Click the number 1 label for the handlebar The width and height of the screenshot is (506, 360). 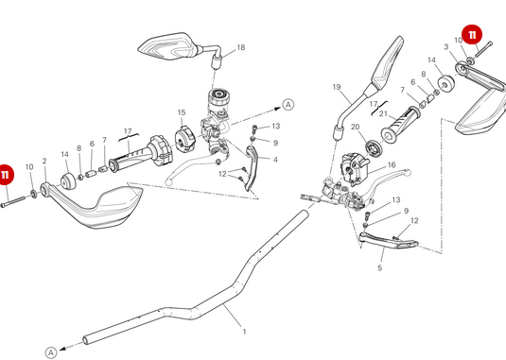coord(244,332)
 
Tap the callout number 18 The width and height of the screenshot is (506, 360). coord(241,47)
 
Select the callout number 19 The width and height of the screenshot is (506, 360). coord(337,87)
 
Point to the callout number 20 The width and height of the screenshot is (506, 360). coord(355,127)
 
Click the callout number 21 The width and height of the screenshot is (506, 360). coord(383,113)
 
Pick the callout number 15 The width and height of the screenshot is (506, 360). coord(182,112)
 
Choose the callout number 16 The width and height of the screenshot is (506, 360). coord(392,165)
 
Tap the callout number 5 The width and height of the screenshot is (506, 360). coord(380,267)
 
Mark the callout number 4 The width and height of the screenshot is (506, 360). coord(275,160)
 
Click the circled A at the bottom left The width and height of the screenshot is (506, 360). coord(51,352)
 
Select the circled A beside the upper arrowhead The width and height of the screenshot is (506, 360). coord(288,105)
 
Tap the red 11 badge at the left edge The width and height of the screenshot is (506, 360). coord(5,175)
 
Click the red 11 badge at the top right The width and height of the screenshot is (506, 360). coord(472,35)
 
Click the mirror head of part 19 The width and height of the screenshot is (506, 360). coord(387,62)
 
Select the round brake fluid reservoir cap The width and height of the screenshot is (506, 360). coord(219,94)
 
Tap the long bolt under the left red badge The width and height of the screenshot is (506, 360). coord(13,202)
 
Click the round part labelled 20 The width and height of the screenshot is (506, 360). coord(374,147)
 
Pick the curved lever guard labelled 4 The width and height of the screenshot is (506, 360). coord(252,167)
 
